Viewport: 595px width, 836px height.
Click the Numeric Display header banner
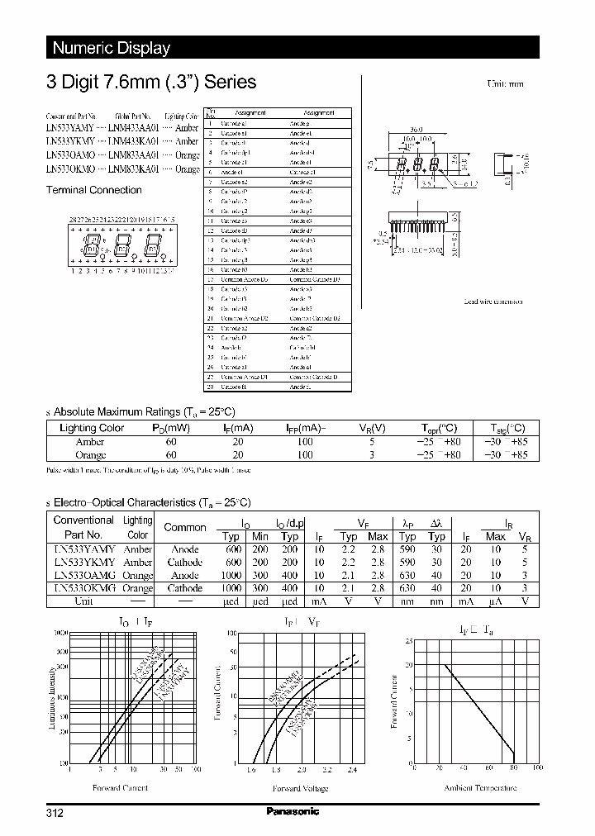(x=112, y=48)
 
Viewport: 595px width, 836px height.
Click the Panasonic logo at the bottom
(x=293, y=812)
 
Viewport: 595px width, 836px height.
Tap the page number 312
(x=55, y=813)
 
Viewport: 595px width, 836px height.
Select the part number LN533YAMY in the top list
(x=69, y=128)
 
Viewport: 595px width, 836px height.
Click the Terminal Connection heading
(x=93, y=190)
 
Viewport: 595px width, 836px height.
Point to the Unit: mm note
(x=505, y=84)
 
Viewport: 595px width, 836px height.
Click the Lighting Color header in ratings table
(x=92, y=428)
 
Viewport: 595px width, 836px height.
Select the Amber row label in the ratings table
(x=90, y=442)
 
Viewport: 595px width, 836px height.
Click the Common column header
(x=185, y=527)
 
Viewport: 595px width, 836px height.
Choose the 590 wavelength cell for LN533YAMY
(x=407, y=549)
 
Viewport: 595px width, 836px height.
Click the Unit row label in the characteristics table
(x=83, y=601)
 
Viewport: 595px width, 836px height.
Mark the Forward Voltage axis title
(x=300, y=788)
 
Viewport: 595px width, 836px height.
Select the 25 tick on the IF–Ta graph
(x=408, y=640)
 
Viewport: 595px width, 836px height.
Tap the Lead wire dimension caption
(x=493, y=302)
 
